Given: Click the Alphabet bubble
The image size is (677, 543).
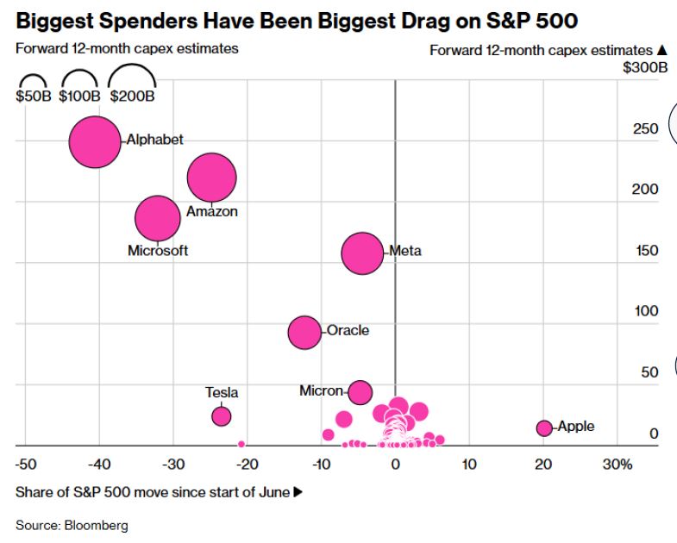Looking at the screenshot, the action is click(95, 141).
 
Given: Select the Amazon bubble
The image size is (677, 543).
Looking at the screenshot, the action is click(211, 178).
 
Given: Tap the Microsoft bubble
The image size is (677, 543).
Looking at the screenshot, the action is click(158, 218).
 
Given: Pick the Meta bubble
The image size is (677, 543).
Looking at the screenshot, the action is click(362, 253).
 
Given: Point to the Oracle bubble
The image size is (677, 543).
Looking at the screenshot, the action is click(304, 333).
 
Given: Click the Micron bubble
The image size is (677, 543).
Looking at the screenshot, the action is click(360, 392).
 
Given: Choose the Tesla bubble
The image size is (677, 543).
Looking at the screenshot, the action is click(222, 416).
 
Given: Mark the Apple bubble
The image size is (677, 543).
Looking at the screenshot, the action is click(544, 428).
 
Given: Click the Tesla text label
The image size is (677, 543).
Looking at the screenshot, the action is click(222, 392).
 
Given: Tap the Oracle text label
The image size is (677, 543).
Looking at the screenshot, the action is click(348, 330).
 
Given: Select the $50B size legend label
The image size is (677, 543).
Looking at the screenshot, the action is click(34, 96).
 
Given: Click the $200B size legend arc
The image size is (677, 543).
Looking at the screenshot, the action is click(132, 67).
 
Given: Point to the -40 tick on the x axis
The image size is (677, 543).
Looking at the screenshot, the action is click(99, 465).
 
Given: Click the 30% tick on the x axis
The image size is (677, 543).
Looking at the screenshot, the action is click(617, 465).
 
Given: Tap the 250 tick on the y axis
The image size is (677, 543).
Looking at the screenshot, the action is click(645, 128).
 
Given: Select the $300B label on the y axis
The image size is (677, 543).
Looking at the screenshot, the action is click(645, 67).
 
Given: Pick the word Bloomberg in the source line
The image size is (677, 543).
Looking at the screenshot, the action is click(97, 525).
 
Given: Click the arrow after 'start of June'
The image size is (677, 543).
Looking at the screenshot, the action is click(298, 491).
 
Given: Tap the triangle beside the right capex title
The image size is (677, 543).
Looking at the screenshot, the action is click(661, 50).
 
